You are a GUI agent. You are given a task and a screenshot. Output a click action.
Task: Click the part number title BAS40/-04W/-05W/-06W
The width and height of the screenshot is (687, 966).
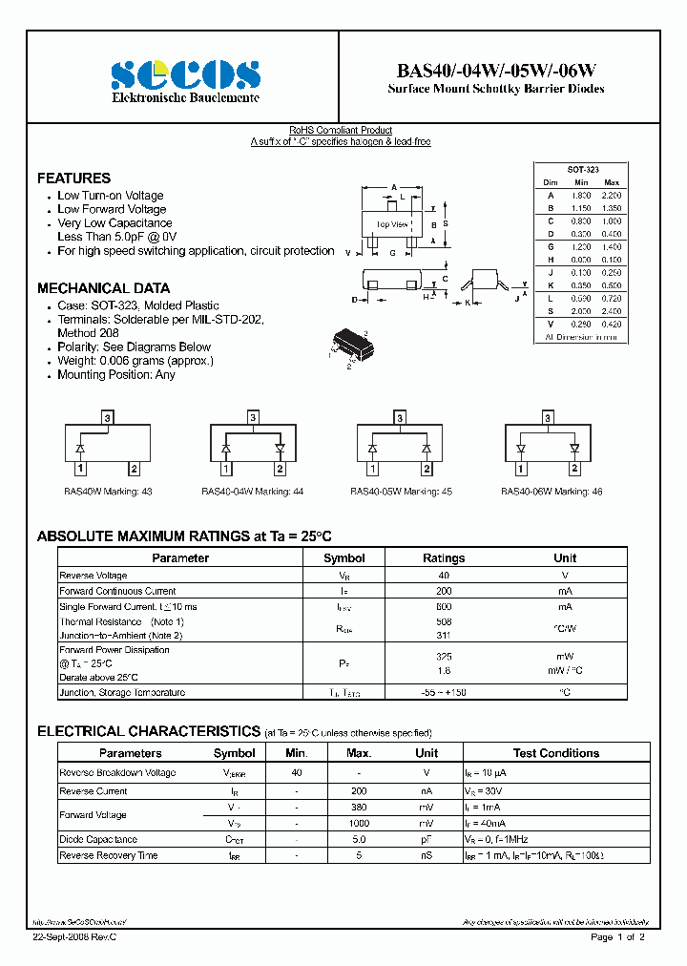point(496,71)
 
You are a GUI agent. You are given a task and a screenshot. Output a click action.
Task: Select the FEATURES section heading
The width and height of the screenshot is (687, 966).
point(73,178)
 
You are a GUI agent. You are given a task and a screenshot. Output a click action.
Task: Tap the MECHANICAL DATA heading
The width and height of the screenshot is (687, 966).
point(103,288)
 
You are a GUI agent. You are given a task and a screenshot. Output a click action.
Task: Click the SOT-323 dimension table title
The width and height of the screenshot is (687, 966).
point(582,168)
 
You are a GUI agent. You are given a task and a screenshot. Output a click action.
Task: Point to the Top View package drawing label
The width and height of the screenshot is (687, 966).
point(391,224)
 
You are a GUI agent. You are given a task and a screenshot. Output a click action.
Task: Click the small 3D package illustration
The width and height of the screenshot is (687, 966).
point(347,345)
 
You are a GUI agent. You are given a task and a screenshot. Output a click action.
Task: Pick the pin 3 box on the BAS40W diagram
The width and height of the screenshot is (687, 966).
point(108,418)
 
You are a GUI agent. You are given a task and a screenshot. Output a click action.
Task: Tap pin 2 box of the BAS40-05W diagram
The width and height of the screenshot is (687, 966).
point(427,468)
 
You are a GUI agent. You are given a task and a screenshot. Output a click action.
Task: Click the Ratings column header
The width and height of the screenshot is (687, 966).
point(444,558)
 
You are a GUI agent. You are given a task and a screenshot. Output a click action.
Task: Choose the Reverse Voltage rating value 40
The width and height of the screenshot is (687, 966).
point(444,576)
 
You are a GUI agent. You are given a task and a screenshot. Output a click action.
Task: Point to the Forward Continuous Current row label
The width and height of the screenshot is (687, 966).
point(117,591)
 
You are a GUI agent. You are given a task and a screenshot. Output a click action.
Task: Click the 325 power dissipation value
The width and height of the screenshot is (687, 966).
point(444,657)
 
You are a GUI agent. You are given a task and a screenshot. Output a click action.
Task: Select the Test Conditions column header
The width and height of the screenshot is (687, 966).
point(556,753)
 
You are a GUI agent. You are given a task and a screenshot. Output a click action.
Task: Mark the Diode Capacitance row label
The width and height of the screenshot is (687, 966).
point(98,840)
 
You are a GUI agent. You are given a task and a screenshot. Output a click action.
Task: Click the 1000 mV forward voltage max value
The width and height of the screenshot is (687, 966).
point(359,823)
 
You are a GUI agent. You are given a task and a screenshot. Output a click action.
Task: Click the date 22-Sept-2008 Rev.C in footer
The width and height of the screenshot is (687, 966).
point(75,938)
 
